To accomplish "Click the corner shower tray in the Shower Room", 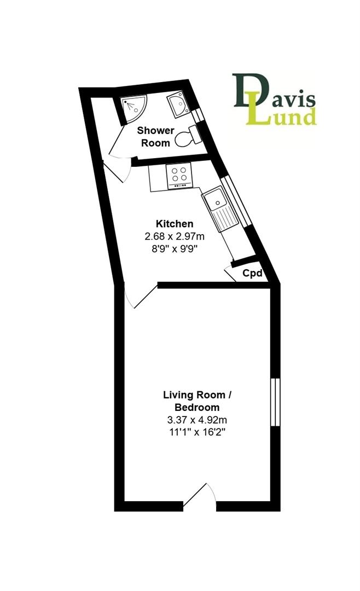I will pos(132,107).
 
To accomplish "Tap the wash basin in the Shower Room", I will pos(178,105).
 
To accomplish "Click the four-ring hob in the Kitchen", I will pos(178,177).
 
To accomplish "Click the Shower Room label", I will pos(155,137).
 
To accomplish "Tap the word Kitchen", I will pos(175,224).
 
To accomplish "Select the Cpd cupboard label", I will pos(252,273).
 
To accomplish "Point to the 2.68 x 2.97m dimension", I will pos(175,236).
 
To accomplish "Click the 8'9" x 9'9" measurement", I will pos(175,249).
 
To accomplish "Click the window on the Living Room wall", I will pos(276,403).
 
